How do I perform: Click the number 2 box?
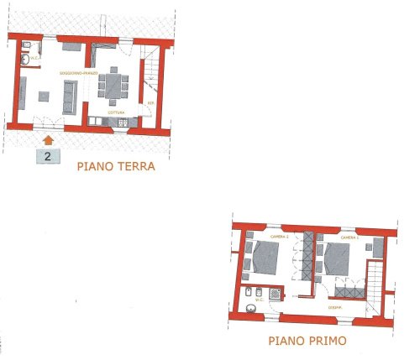[48, 155]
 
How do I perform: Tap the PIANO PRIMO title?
[307, 342]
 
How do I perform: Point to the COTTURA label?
[117, 112]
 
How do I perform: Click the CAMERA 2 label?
[269, 237]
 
